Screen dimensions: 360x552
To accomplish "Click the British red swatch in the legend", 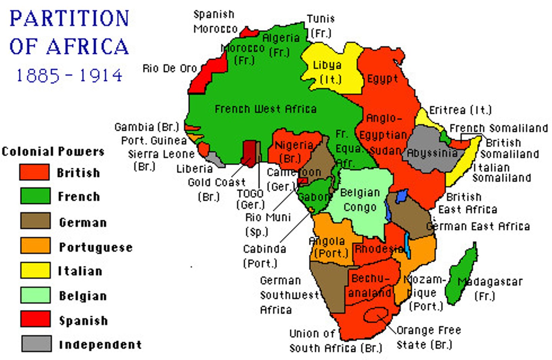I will coord(34,172).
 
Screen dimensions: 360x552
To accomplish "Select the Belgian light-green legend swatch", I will coord(35,295).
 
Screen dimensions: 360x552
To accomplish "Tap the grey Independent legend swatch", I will coord(36,344).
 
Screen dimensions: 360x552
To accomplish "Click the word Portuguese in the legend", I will coord(96,247).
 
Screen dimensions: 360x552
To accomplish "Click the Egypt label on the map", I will coord(382,79).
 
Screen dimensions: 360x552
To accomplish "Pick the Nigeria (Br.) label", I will coord(294,151).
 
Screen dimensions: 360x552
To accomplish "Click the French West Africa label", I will coord(265,109).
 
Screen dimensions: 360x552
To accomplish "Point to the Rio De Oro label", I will coord(169,69).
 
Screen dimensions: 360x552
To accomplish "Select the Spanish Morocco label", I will coord(215,21).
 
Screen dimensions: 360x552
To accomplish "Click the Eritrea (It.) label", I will coord(460,110).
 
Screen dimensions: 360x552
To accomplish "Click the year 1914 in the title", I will coord(101,75).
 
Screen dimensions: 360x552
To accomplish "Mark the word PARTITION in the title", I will coord(69,18).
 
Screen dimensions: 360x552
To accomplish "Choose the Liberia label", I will coord(194,169).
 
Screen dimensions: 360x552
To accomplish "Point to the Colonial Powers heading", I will coord(53,151).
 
